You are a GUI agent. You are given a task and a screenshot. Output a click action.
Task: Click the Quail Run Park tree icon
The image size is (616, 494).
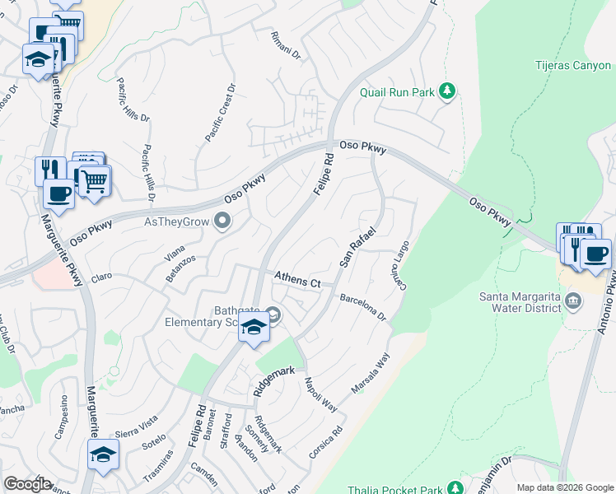447,91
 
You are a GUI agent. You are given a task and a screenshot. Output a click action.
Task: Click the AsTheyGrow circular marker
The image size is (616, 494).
222,220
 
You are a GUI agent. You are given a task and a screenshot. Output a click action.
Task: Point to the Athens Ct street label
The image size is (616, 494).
296,280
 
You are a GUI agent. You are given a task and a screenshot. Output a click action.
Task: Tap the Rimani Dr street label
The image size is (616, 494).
287,40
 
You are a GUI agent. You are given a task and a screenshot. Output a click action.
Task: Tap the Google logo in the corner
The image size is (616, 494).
28,484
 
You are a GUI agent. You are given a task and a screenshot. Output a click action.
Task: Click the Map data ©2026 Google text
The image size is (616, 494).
565,487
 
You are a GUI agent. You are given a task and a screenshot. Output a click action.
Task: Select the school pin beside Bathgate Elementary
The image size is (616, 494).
254,327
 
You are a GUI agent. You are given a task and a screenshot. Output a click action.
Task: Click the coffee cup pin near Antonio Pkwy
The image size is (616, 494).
595,253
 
